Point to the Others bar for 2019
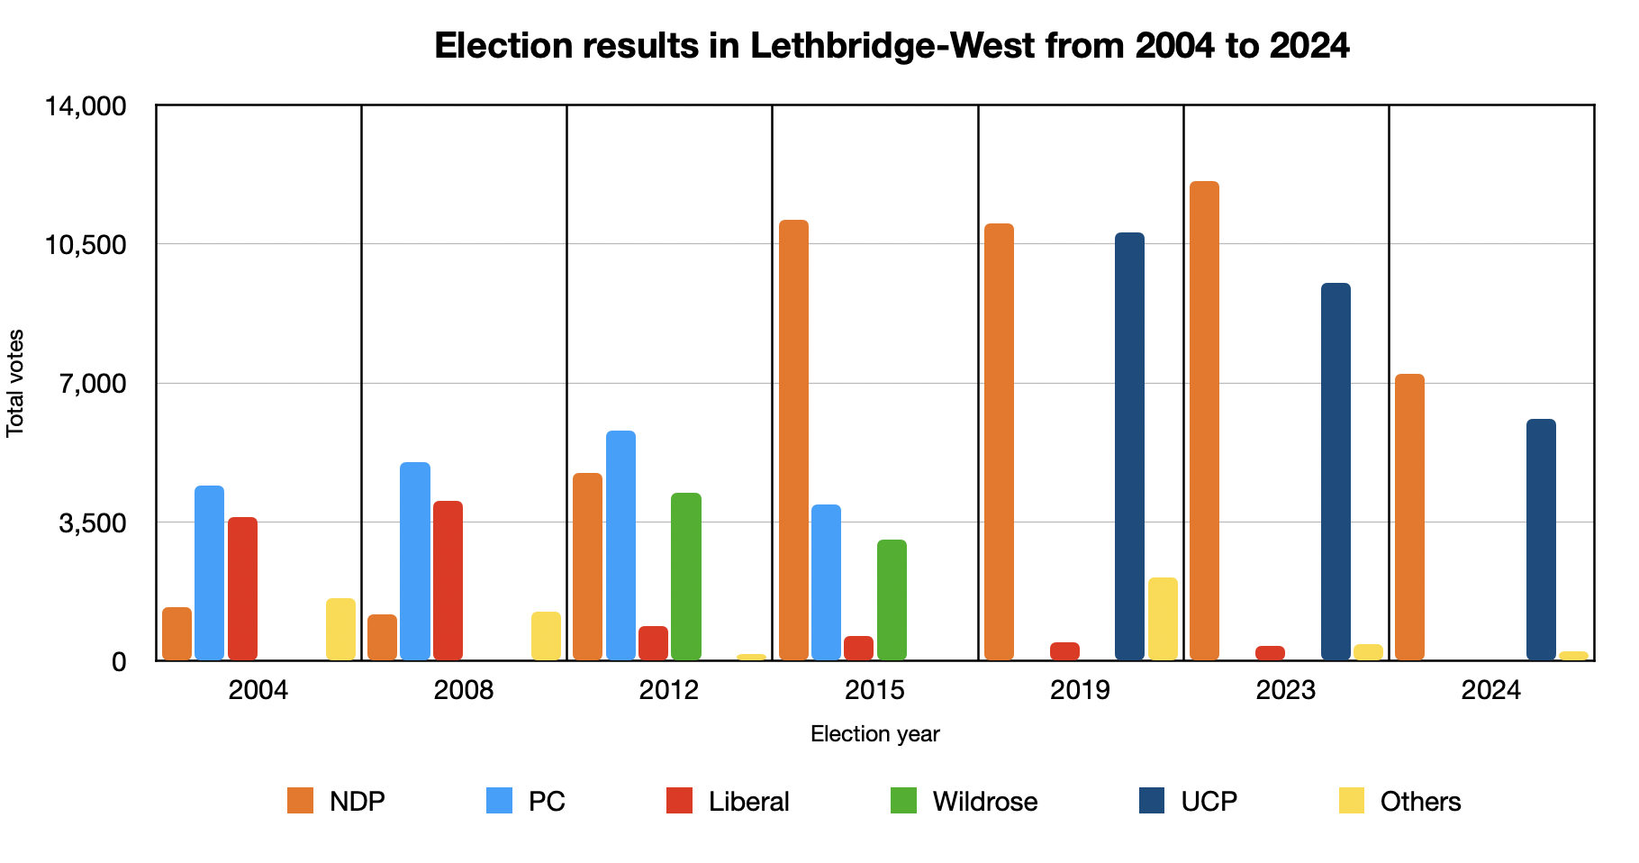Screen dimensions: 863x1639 1163,619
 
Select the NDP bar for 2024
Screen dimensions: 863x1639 1409,517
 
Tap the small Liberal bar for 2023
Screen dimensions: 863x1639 1270,653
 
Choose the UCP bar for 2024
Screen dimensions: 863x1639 1541,540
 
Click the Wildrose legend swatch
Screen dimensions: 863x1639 903,801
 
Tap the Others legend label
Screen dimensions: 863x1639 1420,801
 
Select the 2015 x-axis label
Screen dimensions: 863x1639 874,691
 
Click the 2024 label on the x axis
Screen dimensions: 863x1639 1490,691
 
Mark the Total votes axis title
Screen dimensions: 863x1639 15,383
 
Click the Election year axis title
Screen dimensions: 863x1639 874,734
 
